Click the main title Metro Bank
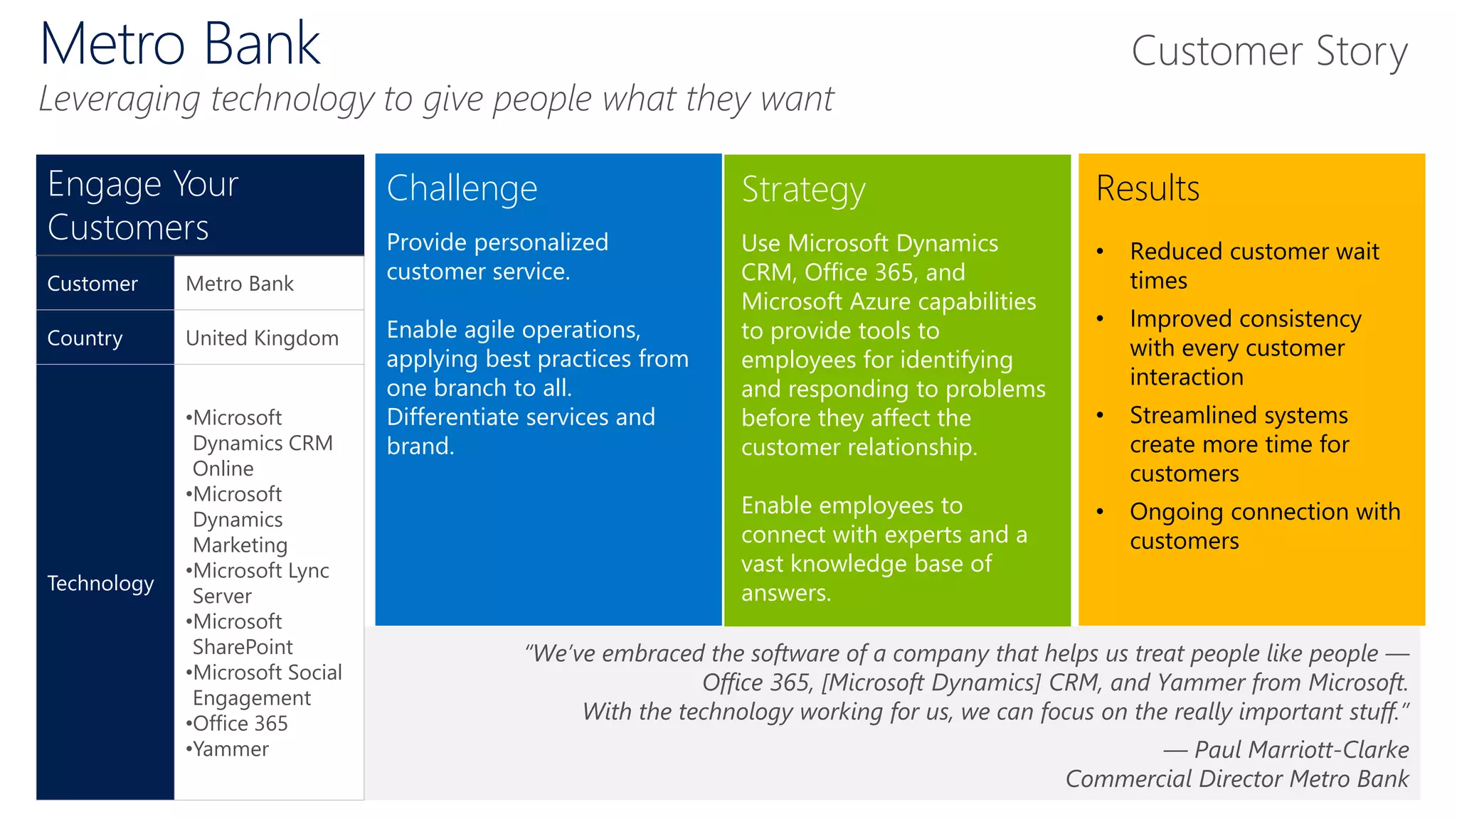tap(180, 44)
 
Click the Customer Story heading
tap(1268, 51)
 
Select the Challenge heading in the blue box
tap(462, 188)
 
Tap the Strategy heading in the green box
tap(803, 190)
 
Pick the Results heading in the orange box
tap(1148, 188)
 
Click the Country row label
tap(85, 338)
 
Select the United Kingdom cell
tap(262, 338)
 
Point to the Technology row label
tap(100, 583)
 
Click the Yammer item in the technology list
tap(231, 749)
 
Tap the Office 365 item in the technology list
tap(240, 723)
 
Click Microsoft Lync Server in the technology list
tap(260, 583)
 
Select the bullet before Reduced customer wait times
tap(1100, 252)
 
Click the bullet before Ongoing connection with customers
tap(1100, 512)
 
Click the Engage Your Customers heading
tap(142, 205)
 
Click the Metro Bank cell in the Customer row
tap(239, 284)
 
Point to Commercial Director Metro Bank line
tap(1236, 778)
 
